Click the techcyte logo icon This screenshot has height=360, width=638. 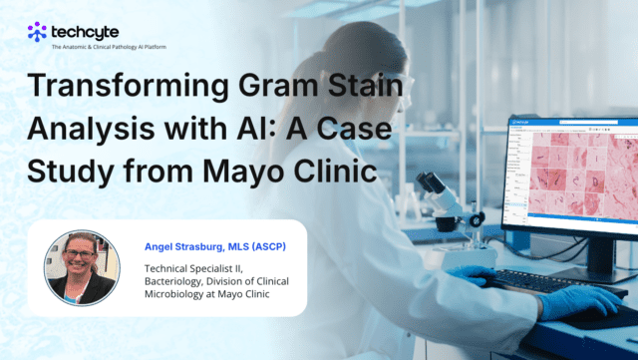click(x=37, y=31)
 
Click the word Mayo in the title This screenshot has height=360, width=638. click(x=250, y=172)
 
